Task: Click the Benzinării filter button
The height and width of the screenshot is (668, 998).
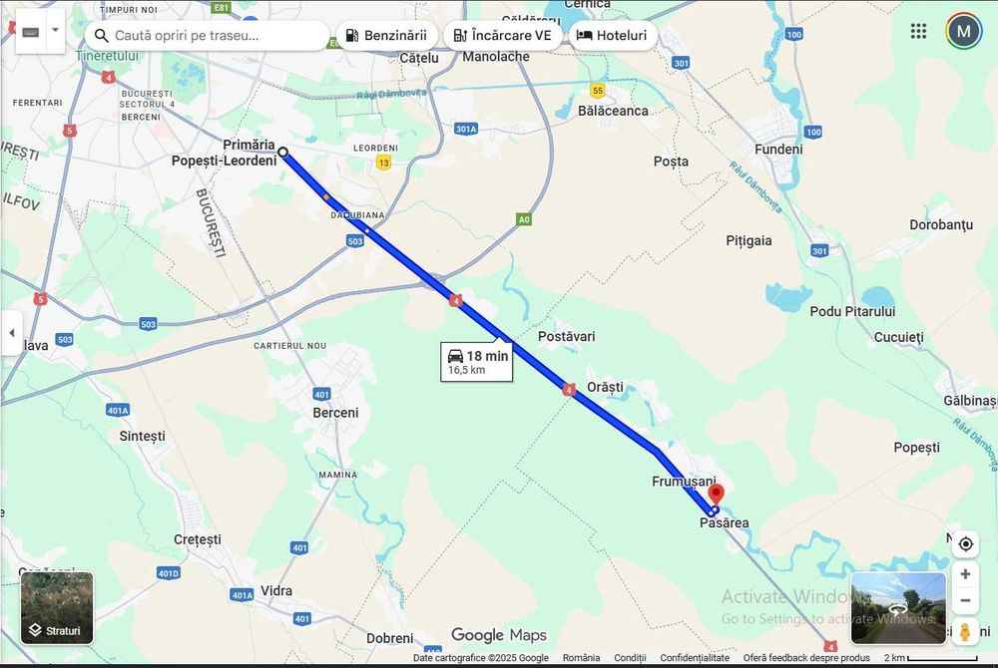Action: click(386, 35)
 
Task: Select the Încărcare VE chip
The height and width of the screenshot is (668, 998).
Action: click(502, 35)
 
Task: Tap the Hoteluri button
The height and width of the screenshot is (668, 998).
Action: click(612, 35)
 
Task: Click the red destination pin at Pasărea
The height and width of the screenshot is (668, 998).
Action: click(716, 495)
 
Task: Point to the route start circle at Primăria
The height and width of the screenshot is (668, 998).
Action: click(283, 153)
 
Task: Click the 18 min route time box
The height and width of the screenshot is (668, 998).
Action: click(477, 361)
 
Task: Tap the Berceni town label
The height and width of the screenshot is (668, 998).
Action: click(335, 413)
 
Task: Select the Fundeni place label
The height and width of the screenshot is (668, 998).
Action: click(778, 150)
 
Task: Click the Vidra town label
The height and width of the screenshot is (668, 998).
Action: click(276, 590)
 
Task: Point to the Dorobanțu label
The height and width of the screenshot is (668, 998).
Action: click(941, 225)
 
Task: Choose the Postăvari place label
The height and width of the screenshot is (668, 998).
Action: click(566, 337)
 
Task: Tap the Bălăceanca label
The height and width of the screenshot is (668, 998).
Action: click(613, 111)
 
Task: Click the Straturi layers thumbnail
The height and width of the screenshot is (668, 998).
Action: click(57, 607)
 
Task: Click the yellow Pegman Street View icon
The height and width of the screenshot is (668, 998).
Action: click(965, 632)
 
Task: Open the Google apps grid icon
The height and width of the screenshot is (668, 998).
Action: click(918, 31)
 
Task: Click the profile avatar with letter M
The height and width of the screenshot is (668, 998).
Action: click(964, 31)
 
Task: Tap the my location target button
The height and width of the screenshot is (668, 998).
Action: click(965, 544)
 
